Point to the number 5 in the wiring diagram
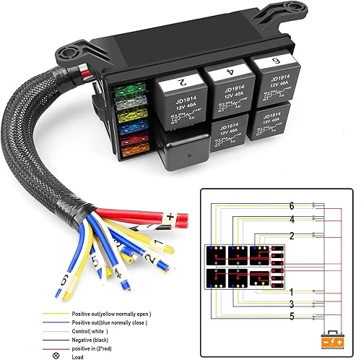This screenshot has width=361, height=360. (291, 316)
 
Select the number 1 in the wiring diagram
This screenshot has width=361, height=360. (291, 291)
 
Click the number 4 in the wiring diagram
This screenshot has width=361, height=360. (292, 219)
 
